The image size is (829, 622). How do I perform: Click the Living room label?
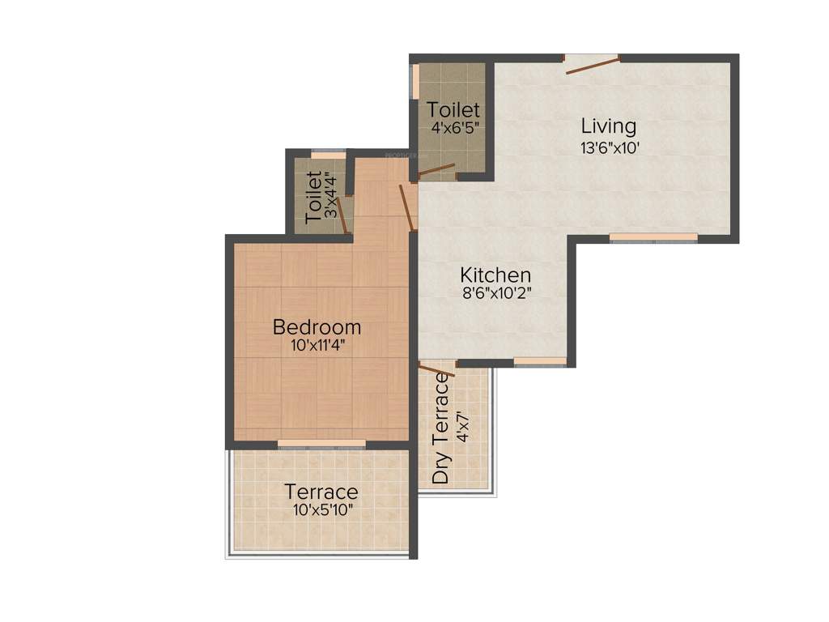coord(609,126)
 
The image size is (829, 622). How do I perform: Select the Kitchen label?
coord(495,275)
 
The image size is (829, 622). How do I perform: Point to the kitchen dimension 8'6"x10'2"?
coord(495,294)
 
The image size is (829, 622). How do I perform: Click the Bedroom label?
coord(317,327)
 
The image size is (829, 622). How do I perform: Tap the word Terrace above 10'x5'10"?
coord(321,492)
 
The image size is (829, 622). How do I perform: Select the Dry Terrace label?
coord(441,428)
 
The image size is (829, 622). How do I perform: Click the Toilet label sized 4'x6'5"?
coord(453,109)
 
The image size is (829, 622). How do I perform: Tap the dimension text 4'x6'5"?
coord(455,127)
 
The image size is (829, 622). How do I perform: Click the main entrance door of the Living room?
coord(592,65)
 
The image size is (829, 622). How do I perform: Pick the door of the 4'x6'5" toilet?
coord(435,171)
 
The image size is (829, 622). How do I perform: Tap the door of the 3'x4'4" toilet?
coord(343,215)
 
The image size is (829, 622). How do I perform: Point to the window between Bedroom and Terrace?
coord(321,444)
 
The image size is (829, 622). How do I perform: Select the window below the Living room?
coord(653,237)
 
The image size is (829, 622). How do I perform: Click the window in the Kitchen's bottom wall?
coord(540,361)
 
